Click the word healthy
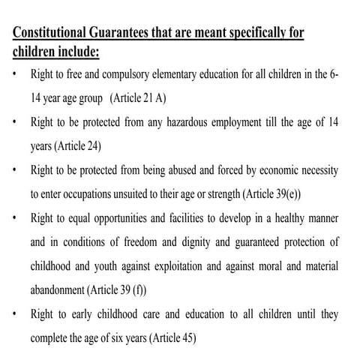click(283, 218)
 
